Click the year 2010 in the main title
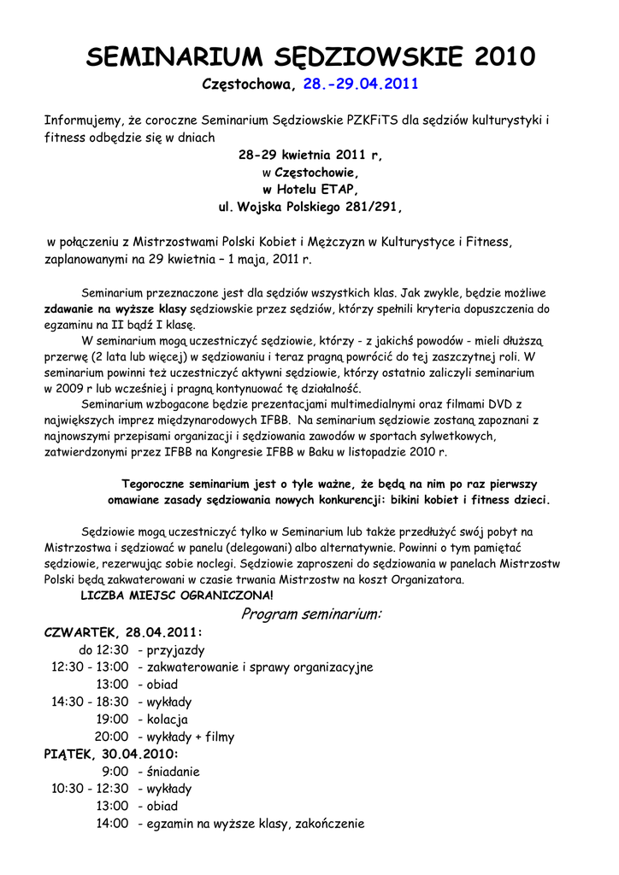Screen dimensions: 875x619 (504, 57)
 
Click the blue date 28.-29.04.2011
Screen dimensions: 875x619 (360, 85)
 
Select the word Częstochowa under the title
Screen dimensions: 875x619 (248, 85)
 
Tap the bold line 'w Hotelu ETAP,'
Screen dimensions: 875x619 (309, 189)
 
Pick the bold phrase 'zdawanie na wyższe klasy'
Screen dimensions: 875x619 (115, 308)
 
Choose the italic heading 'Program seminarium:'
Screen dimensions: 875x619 (311, 614)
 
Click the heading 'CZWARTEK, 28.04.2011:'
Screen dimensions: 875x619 (123, 632)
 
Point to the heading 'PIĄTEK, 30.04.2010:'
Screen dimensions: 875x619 (111, 754)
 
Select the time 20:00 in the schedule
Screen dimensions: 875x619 (111, 737)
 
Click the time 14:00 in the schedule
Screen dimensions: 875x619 (111, 824)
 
